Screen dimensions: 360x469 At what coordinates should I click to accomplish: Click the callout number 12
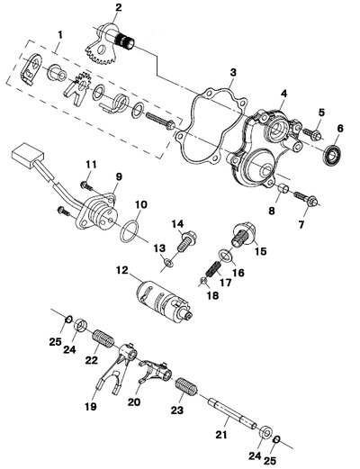pyautogui.click(x=122, y=270)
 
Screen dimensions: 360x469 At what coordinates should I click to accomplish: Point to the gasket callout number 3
pyautogui.click(x=233, y=72)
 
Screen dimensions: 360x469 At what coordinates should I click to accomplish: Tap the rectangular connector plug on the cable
pyautogui.click(x=28, y=156)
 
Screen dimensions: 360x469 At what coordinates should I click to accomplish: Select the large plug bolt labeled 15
pyautogui.click(x=244, y=234)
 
